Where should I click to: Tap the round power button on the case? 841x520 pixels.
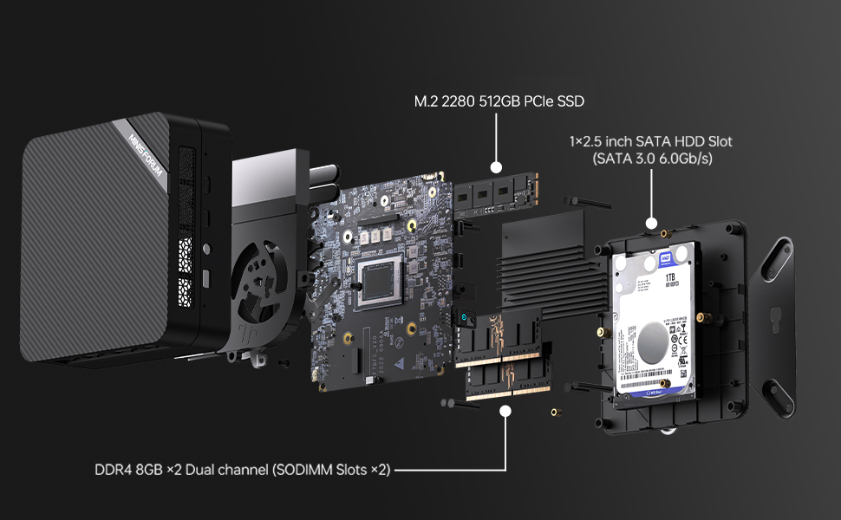(205, 250)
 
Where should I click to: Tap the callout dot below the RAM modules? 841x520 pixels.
(505, 413)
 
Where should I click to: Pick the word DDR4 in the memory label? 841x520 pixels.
(115, 471)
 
